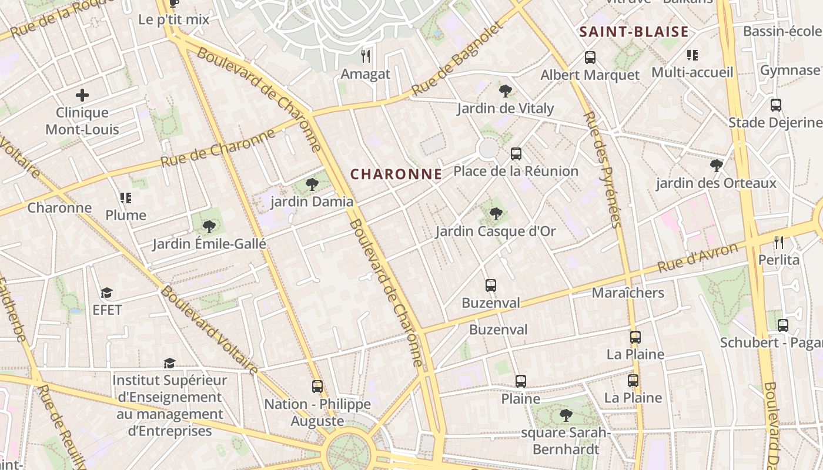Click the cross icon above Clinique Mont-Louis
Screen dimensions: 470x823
click(x=82, y=95)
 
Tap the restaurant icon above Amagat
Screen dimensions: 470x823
click(x=366, y=56)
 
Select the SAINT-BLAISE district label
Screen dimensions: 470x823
click(x=634, y=32)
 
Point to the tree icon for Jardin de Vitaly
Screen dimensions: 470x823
click(x=505, y=90)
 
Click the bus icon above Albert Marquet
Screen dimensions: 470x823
click(x=590, y=58)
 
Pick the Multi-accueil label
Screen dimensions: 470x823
click(x=692, y=72)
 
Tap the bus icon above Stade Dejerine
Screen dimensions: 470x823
click(x=776, y=105)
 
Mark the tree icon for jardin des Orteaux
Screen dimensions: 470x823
click(x=716, y=166)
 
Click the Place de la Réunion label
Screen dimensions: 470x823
click(x=516, y=172)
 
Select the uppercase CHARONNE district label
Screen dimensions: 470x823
click(x=396, y=174)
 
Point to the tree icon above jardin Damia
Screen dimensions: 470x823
click(x=312, y=184)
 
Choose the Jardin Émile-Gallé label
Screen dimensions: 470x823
click(x=209, y=244)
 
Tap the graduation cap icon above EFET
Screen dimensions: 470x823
click(x=106, y=293)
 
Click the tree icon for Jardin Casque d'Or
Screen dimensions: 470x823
click(x=496, y=214)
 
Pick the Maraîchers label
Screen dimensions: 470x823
click(x=628, y=293)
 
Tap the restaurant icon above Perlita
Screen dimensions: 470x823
click(x=779, y=242)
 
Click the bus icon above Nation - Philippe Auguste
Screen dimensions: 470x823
click(x=317, y=387)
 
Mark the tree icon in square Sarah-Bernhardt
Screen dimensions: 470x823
click(x=566, y=415)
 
